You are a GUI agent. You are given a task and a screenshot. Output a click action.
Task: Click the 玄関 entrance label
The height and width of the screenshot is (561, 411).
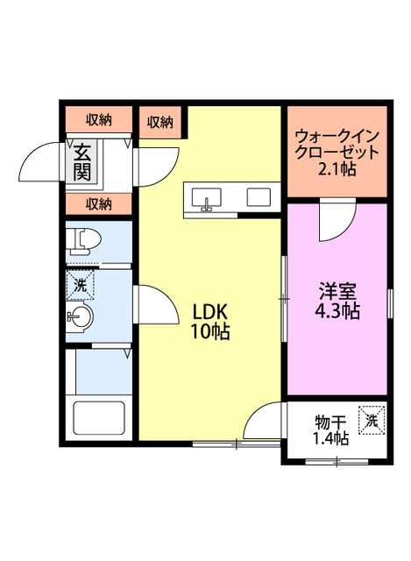click(82, 161)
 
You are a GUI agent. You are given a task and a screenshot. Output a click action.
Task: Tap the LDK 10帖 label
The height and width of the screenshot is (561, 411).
click(209, 321)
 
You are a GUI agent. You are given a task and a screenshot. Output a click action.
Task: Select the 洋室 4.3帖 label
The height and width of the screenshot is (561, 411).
click(337, 301)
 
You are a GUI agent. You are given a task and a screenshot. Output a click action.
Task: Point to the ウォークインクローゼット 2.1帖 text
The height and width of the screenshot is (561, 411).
click(337, 153)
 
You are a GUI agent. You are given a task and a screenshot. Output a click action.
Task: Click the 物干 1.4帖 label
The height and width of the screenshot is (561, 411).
click(331, 430)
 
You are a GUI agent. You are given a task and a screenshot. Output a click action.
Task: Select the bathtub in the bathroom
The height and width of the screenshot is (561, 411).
click(99, 417)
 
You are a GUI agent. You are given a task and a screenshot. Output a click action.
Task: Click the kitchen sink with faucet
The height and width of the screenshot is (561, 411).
click(207, 199)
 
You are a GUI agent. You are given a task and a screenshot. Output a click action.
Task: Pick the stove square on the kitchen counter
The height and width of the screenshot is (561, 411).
click(259, 196)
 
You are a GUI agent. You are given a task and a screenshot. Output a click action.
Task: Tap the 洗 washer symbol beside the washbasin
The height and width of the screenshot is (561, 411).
click(80, 285)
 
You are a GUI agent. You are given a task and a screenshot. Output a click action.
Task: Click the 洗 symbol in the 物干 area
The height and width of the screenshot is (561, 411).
click(372, 420)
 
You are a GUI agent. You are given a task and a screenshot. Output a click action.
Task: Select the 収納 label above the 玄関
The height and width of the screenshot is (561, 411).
click(99, 120)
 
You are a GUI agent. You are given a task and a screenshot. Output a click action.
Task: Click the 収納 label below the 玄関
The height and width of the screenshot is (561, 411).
click(99, 204)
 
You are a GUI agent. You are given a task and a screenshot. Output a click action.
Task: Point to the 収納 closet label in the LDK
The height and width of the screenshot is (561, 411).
click(159, 123)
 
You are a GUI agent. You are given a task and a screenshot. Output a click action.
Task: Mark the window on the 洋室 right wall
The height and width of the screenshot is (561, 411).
click(390, 303)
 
